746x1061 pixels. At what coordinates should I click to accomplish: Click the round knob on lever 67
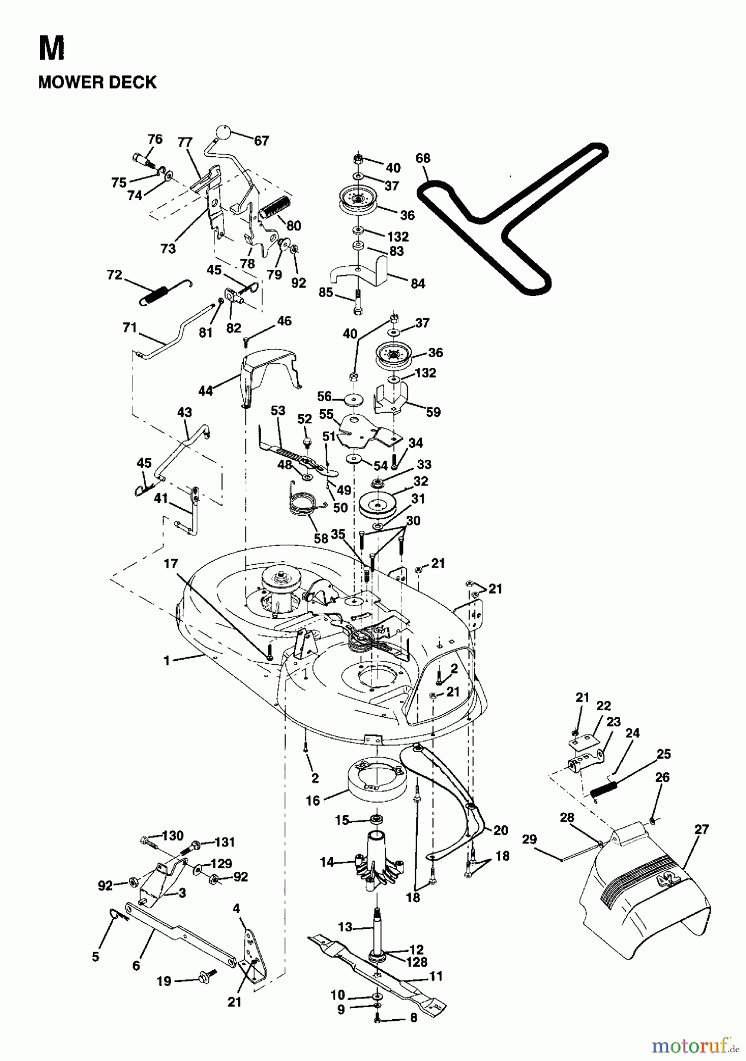(223, 132)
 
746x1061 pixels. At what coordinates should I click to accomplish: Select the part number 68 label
(422, 158)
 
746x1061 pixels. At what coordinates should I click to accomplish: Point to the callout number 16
(312, 800)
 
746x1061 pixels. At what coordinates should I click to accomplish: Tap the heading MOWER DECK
(97, 82)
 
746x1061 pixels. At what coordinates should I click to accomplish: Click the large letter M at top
(51, 49)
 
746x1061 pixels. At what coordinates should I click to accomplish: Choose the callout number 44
(205, 390)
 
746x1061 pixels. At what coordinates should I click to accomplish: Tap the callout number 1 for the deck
(166, 661)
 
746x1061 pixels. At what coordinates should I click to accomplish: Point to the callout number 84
(417, 284)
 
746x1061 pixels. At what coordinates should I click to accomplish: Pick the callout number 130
(173, 836)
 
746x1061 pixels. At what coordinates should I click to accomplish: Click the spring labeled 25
(603, 788)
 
